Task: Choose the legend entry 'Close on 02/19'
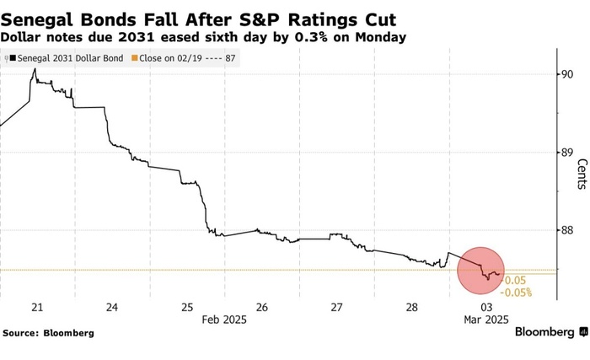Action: (188, 58)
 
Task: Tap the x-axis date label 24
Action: (112, 307)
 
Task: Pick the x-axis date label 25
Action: (187, 307)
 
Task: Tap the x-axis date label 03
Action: (485, 307)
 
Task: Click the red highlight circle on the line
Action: (481, 271)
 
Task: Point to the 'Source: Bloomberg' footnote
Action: (48, 333)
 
